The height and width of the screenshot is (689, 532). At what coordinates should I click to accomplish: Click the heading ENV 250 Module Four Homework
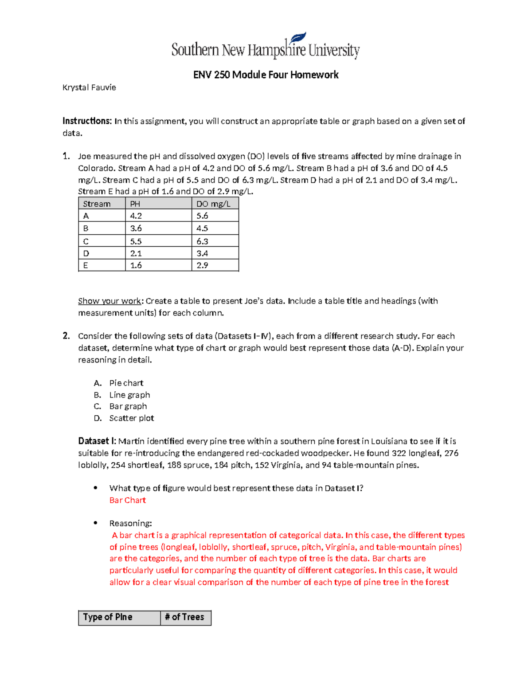[266, 75]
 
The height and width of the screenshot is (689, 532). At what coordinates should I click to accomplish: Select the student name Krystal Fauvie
[89, 87]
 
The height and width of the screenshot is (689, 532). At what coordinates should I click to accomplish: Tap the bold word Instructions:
[87, 121]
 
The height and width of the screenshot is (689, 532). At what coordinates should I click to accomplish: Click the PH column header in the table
[135, 204]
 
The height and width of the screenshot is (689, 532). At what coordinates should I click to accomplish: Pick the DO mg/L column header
[214, 204]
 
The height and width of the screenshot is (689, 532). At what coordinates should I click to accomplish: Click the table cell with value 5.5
[136, 241]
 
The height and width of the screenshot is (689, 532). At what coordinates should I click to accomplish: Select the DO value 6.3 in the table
[202, 241]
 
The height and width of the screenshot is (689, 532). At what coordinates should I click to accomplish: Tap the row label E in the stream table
[86, 265]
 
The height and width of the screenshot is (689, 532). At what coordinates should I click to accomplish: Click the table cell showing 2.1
[136, 253]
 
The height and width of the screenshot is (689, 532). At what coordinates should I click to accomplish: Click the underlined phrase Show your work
[110, 301]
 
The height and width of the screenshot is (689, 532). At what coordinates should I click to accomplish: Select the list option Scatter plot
[132, 418]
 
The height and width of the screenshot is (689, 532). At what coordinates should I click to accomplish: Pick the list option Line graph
[129, 395]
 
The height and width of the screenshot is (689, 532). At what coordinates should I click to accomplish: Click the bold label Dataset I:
[97, 441]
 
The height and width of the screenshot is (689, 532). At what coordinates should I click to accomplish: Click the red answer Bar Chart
[128, 500]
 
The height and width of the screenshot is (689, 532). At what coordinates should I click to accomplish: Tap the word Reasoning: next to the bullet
[130, 523]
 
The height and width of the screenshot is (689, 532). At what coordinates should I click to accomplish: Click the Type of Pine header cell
[108, 617]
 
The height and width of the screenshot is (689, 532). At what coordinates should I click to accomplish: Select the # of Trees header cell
[184, 617]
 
